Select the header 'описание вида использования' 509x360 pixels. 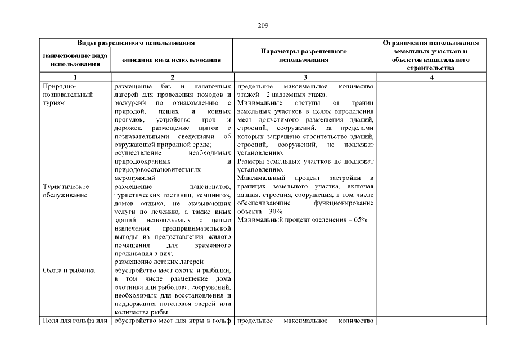click(173, 60)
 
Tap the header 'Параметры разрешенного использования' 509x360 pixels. click(304, 55)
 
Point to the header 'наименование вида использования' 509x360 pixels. click(75, 60)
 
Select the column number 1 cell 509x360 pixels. click(75, 78)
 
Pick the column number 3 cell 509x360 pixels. click(304, 78)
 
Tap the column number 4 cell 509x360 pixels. click(431, 78)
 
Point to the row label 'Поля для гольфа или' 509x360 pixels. click(75, 321)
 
